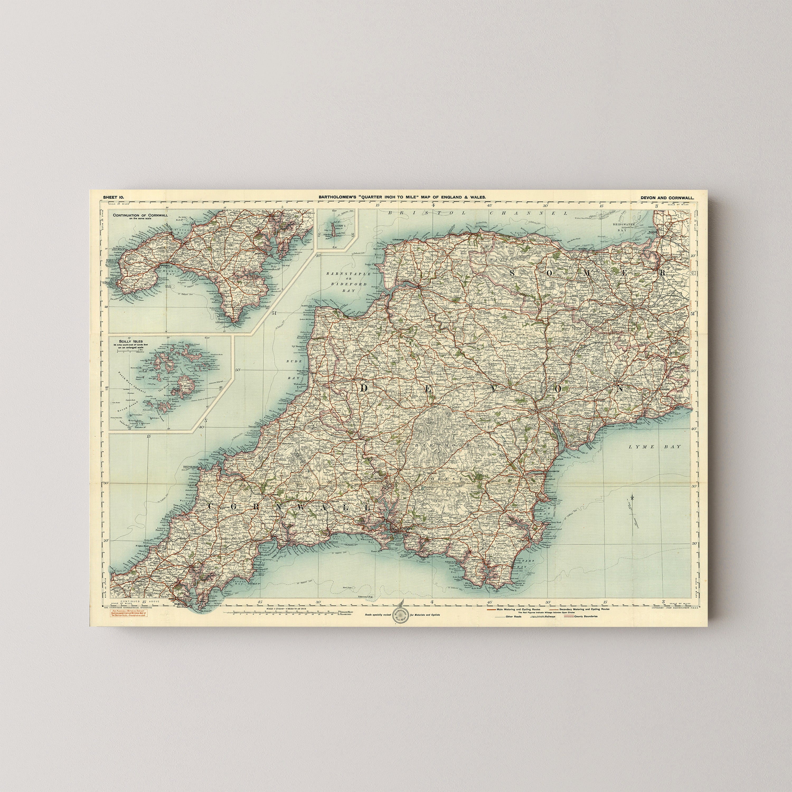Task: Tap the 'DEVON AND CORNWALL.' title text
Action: (667, 197)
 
